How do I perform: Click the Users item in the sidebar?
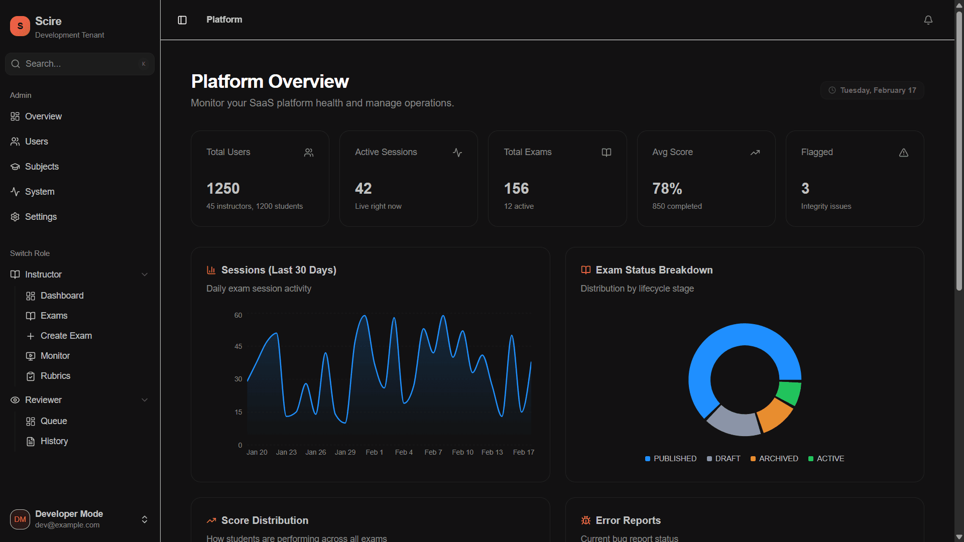point(36,142)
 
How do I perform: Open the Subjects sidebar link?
point(42,167)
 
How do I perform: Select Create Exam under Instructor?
point(66,336)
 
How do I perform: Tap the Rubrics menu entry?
point(55,376)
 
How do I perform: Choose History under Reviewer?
point(54,441)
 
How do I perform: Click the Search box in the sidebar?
point(79,64)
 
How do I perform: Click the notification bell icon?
point(928,20)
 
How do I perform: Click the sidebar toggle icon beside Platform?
point(182,20)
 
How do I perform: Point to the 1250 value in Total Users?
point(223,189)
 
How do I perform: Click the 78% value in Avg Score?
point(667,189)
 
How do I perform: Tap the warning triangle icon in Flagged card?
point(903,153)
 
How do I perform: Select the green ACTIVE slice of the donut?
point(789,392)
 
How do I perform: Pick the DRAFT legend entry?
point(724,459)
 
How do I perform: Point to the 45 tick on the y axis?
point(238,346)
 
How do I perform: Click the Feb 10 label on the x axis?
point(462,452)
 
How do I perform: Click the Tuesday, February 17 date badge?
point(872,90)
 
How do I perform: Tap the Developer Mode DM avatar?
point(20,519)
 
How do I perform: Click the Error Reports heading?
point(628,520)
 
